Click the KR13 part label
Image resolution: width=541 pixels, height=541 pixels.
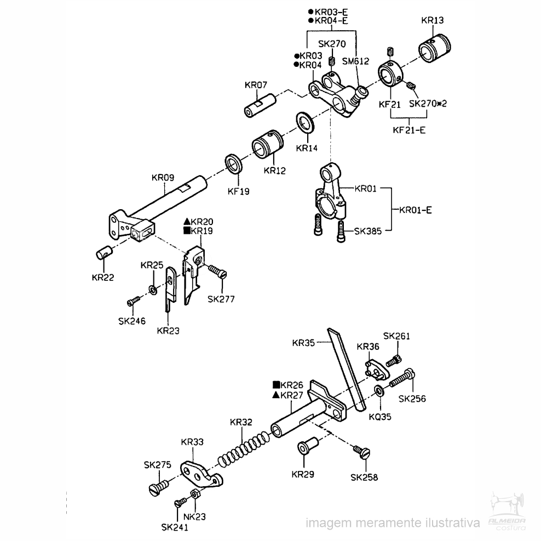click(x=433, y=20)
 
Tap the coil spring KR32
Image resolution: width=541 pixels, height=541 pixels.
click(x=244, y=448)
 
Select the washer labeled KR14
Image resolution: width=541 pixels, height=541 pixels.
click(x=305, y=122)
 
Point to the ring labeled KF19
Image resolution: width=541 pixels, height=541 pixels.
click(x=234, y=164)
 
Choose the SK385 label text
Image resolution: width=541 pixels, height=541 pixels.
click(x=368, y=231)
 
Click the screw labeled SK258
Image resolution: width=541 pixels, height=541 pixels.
click(x=361, y=452)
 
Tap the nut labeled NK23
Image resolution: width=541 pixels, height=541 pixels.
click(x=194, y=495)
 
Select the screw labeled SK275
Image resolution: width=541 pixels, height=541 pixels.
click(x=159, y=487)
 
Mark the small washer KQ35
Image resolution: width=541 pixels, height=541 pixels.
click(x=380, y=391)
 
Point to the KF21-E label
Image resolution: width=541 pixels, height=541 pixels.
click(x=409, y=130)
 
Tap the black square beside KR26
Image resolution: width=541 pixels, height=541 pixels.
click(x=277, y=384)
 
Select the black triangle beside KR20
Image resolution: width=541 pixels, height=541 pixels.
click(x=187, y=221)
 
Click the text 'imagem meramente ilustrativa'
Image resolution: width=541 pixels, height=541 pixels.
click(x=393, y=523)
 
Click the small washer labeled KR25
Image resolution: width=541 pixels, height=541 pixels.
click(x=153, y=290)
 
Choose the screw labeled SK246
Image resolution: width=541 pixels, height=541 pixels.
click(x=133, y=301)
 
